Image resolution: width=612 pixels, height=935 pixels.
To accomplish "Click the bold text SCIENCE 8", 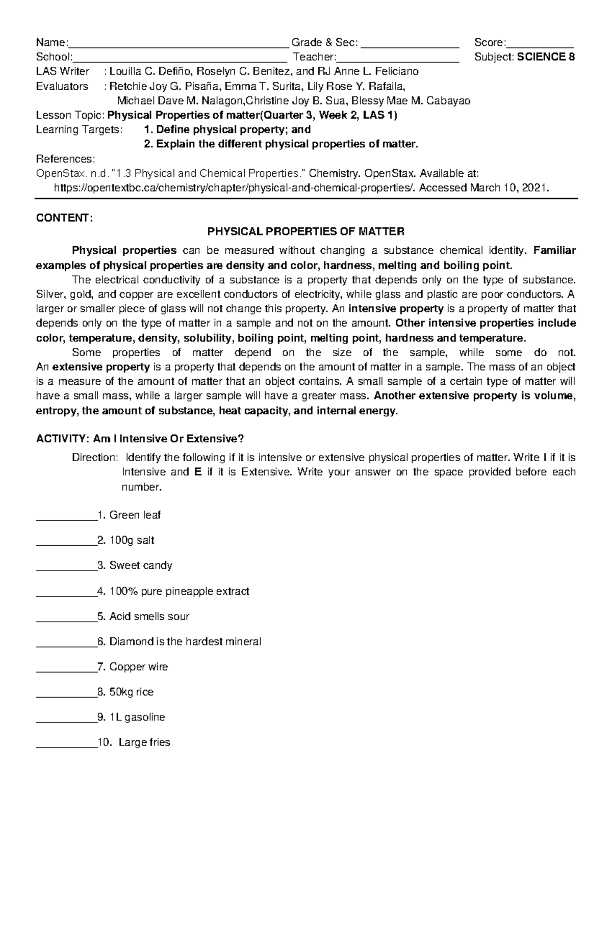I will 546,57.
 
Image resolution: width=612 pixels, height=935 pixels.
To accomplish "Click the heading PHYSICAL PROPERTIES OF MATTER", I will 305,232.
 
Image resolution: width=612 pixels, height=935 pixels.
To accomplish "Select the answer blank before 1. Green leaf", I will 66,517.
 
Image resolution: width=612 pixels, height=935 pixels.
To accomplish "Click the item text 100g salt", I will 132,541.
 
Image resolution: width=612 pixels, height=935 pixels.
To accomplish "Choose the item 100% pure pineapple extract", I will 179,592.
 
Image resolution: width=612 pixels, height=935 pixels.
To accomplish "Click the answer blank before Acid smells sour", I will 66,618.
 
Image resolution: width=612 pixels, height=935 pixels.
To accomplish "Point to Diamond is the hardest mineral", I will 185,642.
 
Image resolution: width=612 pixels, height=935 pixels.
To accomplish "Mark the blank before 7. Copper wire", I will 66,669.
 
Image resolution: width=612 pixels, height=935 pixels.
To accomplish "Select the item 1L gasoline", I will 137,717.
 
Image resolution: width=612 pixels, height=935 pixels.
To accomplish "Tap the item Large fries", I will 144,742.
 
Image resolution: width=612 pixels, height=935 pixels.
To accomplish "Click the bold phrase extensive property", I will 101,367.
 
